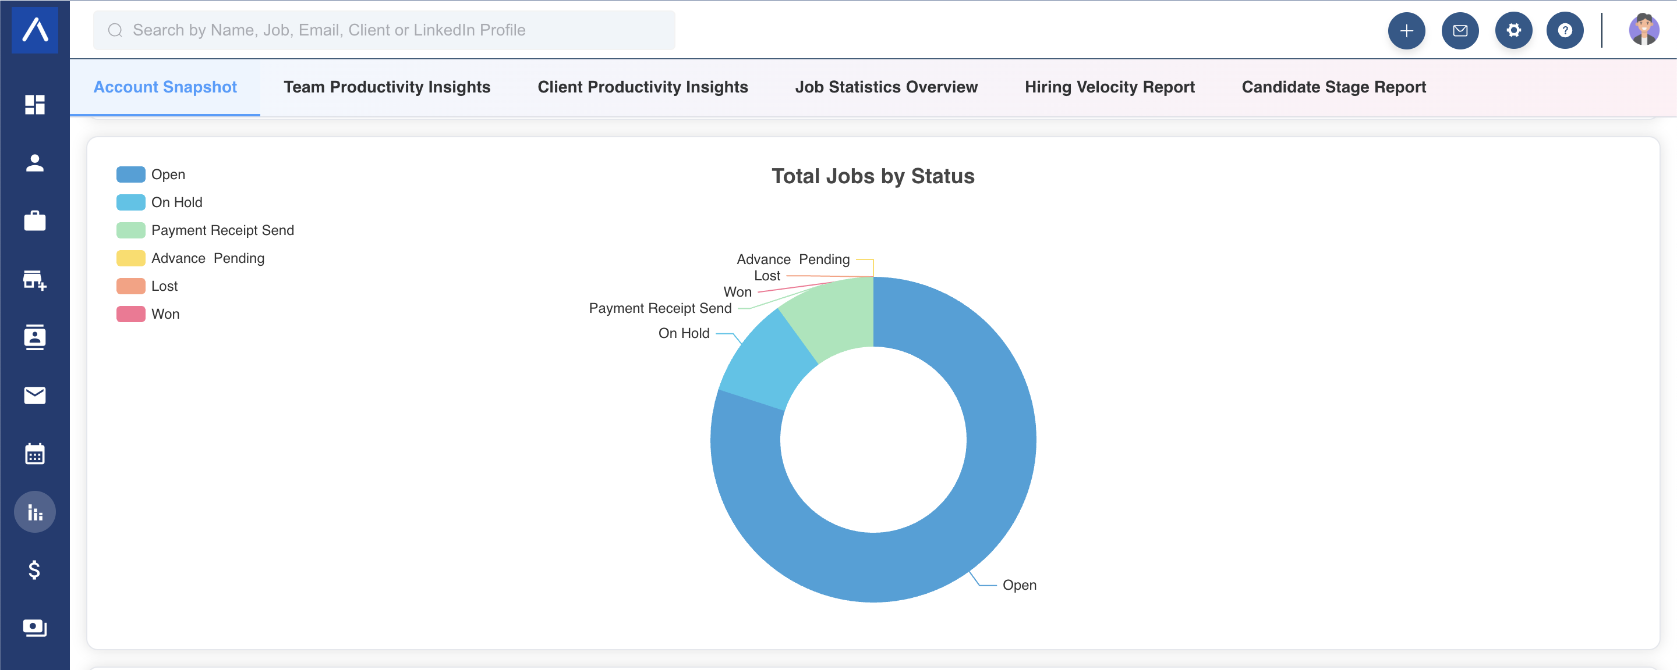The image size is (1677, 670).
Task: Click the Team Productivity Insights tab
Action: click(x=387, y=87)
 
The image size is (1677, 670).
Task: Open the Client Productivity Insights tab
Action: click(x=642, y=87)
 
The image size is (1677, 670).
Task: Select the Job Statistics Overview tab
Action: click(x=886, y=87)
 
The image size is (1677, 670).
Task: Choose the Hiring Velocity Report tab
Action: click(x=1109, y=87)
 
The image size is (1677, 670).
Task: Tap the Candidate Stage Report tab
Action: click(x=1334, y=87)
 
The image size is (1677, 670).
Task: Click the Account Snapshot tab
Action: click(x=165, y=87)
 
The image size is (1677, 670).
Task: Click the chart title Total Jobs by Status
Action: click(x=873, y=176)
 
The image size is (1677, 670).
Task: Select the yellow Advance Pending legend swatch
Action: click(x=131, y=258)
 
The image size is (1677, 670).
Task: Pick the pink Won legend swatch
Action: click(x=131, y=314)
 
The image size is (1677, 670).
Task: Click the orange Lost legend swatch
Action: click(x=131, y=286)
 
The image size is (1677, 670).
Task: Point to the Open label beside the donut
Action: click(x=1020, y=585)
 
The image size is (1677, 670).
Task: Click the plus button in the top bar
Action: click(x=1406, y=31)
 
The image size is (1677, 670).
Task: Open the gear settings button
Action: click(x=1513, y=31)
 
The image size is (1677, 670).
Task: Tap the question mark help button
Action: click(x=1565, y=31)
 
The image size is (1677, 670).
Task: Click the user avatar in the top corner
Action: click(x=1644, y=30)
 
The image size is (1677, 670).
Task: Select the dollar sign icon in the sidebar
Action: click(x=34, y=570)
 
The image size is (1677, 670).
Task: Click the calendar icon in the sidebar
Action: click(x=34, y=454)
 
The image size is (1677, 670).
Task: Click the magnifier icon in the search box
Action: click(x=115, y=30)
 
